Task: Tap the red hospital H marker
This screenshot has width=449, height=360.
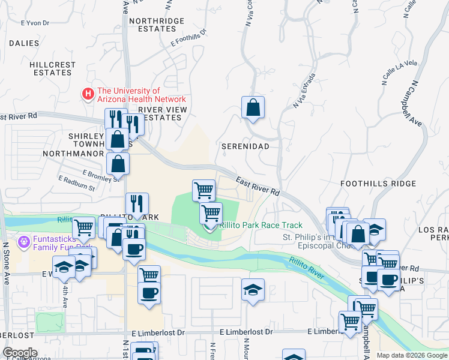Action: pyautogui.click(x=88, y=94)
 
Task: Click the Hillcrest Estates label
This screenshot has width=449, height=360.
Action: pyautogui.click(x=53, y=68)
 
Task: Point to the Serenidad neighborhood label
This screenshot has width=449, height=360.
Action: pyautogui.click(x=244, y=146)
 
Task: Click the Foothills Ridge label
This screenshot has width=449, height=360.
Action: pyautogui.click(x=378, y=183)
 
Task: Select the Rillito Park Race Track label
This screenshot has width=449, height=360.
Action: pyautogui.click(x=261, y=225)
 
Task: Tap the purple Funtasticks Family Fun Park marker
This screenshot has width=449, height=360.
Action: pyautogui.click(x=23, y=243)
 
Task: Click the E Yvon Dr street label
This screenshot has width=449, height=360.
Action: pyautogui.click(x=34, y=23)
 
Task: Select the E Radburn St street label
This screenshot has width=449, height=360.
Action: pyautogui.click(x=76, y=183)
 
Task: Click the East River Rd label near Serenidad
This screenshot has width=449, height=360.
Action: pyautogui.click(x=258, y=186)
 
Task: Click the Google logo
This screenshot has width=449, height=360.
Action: pyautogui.click(x=20, y=353)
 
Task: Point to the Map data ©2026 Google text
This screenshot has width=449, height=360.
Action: pyautogui.click(x=412, y=355)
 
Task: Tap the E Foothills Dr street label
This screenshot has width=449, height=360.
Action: pyautogui.click(x=188, y=38)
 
